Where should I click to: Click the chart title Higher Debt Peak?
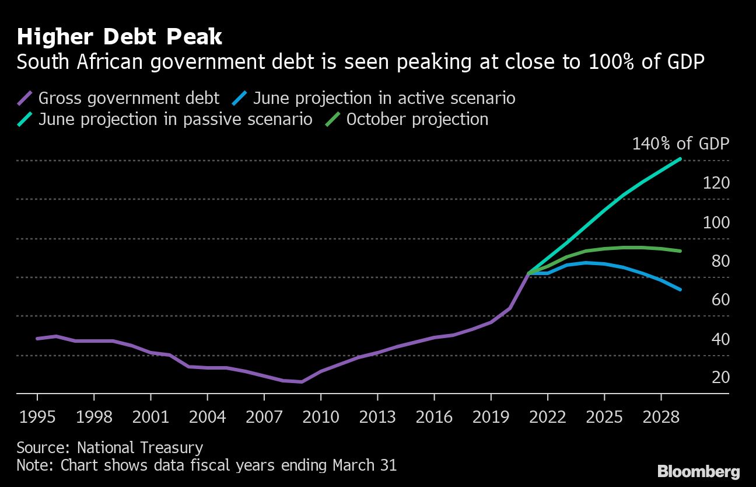pos(120,37)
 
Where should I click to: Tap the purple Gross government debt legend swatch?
pos(25,98)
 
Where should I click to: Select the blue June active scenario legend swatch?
pos(240,98)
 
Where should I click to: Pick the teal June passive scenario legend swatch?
pos(25,120)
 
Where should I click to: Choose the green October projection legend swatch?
pos(333,120)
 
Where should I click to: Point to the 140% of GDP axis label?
pos(681,144)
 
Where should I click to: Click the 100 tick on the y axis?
pos(717,222)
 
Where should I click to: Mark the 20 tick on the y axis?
pos(721,377)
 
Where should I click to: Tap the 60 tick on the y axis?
pos(721,300)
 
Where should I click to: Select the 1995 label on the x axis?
pos(37,417)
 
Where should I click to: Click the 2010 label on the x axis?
pos(321,417)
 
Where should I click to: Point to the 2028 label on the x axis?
pos(661,417)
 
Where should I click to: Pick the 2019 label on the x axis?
pos(491,417)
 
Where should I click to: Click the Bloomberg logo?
pos(698,471)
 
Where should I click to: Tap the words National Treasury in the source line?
pos(140,448)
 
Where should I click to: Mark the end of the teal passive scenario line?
pos(680,159)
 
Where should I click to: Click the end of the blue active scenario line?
pos(680,289)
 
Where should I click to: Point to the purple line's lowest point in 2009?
pos(302,382)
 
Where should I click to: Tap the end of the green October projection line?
pos(680,251)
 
